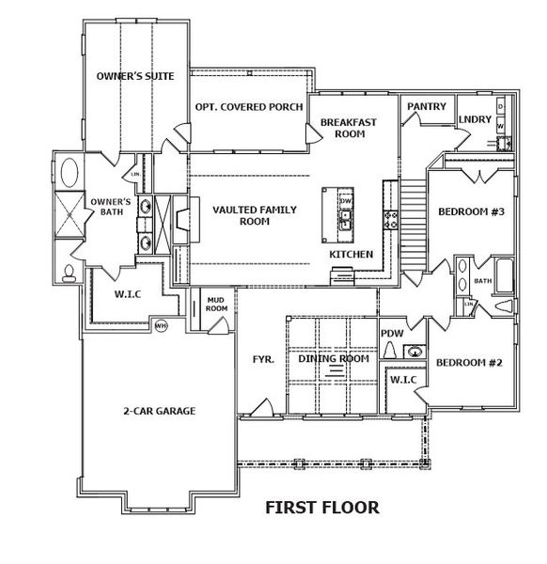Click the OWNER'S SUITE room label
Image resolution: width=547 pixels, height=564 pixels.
135,76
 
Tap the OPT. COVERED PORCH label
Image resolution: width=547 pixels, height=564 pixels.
248,107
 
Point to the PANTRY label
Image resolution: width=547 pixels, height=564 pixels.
425,107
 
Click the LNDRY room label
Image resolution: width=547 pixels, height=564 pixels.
474,119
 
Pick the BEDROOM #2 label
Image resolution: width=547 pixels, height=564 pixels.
470,362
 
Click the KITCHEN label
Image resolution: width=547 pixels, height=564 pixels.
351,255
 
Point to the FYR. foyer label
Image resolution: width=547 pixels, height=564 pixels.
262,359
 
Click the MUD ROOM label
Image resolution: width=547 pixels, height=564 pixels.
216,304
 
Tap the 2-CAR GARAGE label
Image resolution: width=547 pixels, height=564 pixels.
164,411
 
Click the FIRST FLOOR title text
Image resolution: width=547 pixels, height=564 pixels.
321,508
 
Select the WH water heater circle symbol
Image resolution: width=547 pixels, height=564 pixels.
161,325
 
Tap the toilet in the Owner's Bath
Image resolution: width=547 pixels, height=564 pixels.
70,274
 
